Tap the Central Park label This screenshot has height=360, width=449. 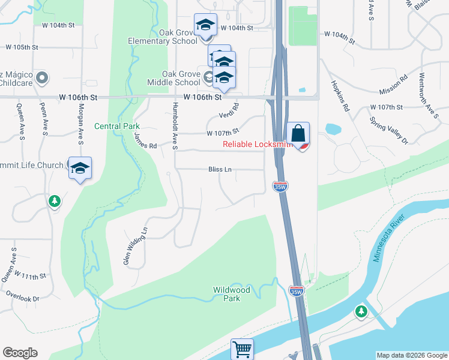pyautogui.click(x=117, y=126)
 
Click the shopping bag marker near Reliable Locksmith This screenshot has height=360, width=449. pyautogui.click(x=298, y=133)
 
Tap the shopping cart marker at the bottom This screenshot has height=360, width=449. pyautogui.click(x=242, y=349)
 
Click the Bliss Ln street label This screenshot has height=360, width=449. pyautogui.click(x=220, y=169)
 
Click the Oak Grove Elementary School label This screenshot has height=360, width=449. pyautogui.click(x=163, y=37)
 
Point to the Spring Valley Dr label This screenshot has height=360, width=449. pyautogui.click(x=390, y=130)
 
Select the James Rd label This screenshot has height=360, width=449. pyautogui.click(x=145, y=142)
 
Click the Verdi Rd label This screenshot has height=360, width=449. pyautogui.click(x=229, y=110)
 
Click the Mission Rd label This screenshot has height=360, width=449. pyautogui.click(x=394, y=85)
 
